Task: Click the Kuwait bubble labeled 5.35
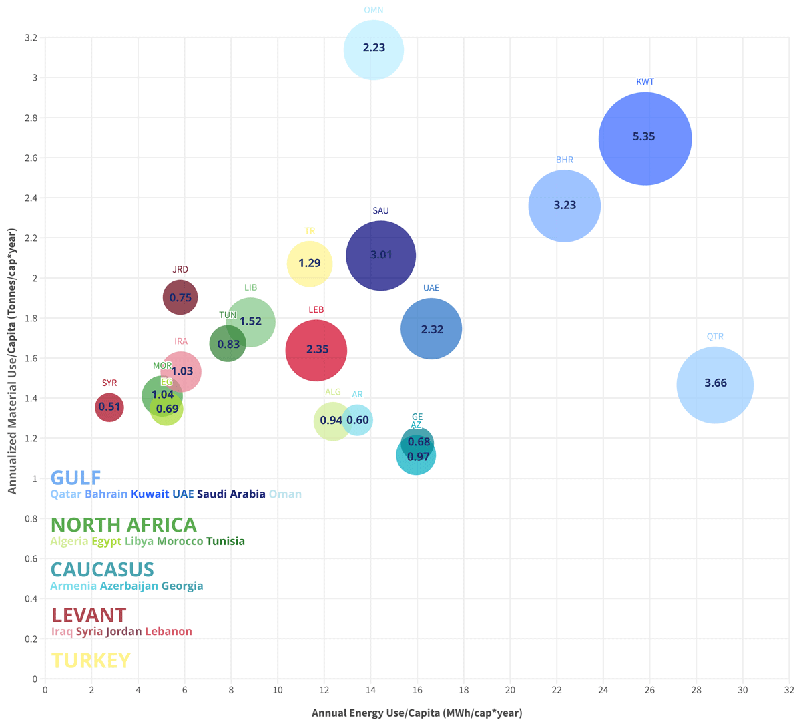point(645,138)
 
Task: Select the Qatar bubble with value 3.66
point(715,385)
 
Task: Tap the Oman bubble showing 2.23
point(374,49)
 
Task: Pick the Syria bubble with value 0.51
point(109,407)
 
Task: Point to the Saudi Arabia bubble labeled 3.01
point(380,255)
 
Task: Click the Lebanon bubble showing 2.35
point(316,350)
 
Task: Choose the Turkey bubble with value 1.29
point(310,264)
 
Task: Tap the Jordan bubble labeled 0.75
point(180,298)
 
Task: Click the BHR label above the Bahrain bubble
point(565,160)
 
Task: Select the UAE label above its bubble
point(431,288)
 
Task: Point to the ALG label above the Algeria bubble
point(332,392)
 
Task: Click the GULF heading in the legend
point(76,478)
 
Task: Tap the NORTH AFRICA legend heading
point(123,525)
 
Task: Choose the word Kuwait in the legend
point(150,494)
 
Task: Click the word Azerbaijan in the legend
point(129,586)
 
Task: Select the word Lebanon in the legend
point(168,632)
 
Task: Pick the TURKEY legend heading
point(91,661)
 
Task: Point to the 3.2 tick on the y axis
point(31,37)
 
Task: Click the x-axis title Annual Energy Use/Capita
point(417,713)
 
